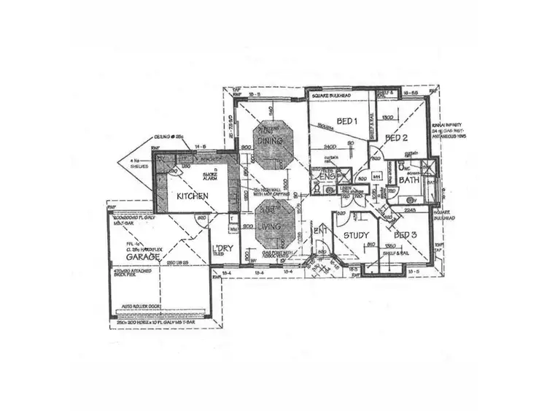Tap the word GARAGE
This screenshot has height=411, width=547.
(x=141, y=258)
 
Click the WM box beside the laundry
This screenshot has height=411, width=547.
(x=233, y=229)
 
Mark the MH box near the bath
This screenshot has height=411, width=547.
(x=376, y=177)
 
